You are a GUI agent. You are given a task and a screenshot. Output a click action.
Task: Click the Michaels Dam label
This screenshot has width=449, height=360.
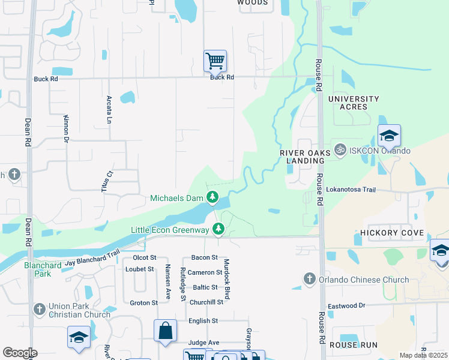177,198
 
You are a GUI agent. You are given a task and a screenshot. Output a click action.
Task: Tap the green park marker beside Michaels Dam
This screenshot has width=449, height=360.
212,197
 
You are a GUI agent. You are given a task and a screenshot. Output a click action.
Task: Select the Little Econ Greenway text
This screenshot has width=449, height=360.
170,230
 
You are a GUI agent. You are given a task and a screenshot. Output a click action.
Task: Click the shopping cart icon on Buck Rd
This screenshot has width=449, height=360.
215,61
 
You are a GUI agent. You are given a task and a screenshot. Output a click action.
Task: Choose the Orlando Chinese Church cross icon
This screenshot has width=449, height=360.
309,278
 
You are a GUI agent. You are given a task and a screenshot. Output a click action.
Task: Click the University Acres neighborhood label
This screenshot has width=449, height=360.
354,103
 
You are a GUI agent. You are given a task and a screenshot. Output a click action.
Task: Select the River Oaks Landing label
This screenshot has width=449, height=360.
305,157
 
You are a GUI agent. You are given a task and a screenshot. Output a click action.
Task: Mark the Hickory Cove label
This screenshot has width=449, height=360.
392,232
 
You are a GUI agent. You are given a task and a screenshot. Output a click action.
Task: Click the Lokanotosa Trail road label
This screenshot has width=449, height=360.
351,190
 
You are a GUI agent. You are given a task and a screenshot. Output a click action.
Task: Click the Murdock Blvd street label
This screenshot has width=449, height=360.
228,280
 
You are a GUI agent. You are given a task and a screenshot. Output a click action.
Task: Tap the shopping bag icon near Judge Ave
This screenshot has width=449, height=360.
165,331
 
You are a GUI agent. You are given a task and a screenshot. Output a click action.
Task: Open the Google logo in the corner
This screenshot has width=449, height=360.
19,353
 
